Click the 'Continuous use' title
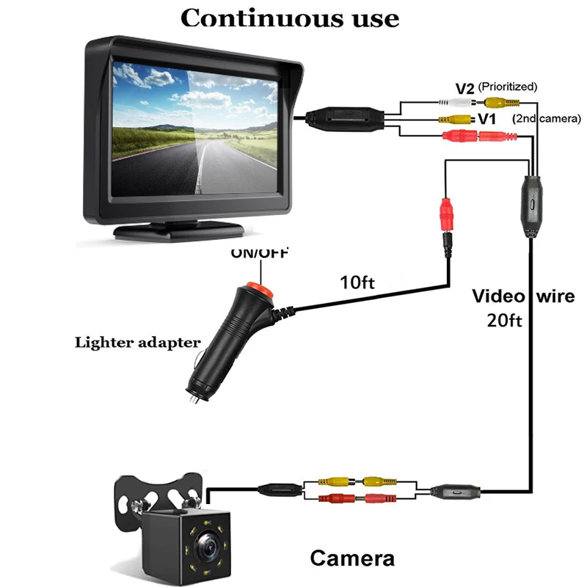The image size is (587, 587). tap(290, 17)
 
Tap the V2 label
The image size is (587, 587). tap(464, 89)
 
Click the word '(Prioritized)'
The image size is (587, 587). tap(508, 87)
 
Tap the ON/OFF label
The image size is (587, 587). tap(260, 254)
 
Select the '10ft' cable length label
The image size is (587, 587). tap(358, 282)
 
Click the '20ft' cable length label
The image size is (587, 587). tap(503, 320)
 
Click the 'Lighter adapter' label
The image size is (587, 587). tap(136, 342)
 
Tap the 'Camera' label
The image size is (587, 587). tap(352, 558)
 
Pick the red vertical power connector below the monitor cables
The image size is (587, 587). tap(445, 215)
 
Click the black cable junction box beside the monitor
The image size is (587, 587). tap(345, 117)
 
